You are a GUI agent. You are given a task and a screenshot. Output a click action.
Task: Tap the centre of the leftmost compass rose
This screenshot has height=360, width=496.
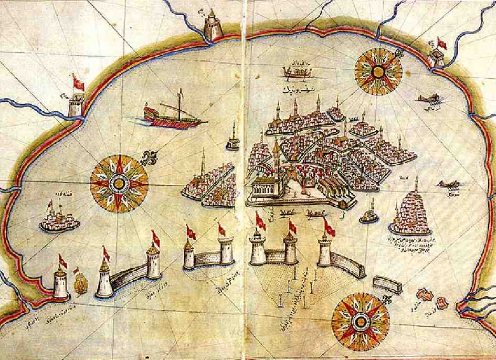click(119, 182)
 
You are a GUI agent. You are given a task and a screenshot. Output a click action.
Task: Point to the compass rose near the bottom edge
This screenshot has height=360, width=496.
click(361, 320)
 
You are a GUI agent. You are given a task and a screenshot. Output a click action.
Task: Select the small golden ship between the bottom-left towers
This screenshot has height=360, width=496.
click(80, 284)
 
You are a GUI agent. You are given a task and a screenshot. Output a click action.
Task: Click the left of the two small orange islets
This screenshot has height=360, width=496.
click(423, 295)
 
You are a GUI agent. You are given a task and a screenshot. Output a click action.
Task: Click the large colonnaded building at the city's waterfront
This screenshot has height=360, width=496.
click(270, 188)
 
